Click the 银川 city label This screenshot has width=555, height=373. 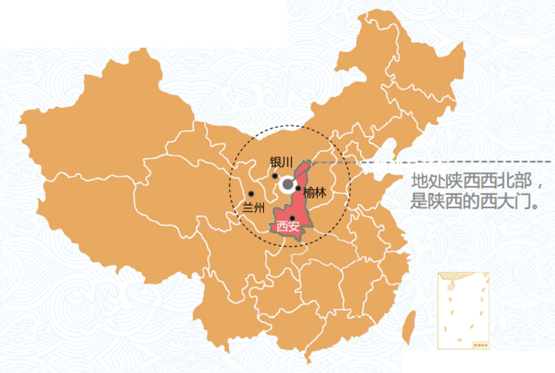[x=281, y=162]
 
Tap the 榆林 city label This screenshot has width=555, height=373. [x=315, y=192]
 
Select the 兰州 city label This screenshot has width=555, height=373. [x=254, y=207]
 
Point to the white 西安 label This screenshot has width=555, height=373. [x=287, y=227]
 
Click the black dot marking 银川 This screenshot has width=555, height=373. [x=275, y=176]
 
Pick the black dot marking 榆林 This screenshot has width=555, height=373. [x=298, y=188]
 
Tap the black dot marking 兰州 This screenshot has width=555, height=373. [x=251, y=194]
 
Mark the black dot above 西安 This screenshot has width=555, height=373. [x=292, y=218]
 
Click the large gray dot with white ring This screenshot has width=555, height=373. [x=288, y=184]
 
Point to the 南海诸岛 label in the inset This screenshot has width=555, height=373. [x=480, y=345]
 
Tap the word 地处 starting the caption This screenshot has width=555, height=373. [x=421, y=182]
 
